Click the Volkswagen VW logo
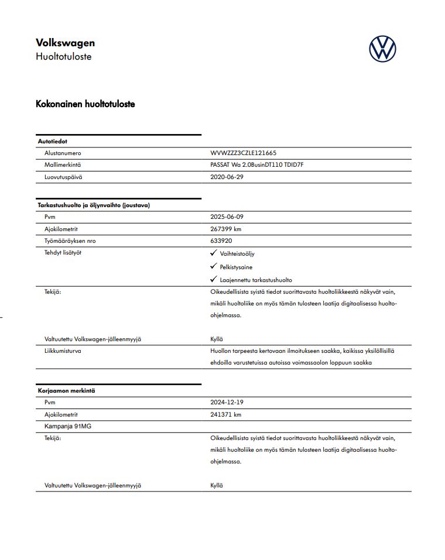point(382,49)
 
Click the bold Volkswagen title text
point(65,43)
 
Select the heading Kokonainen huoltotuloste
point(85,104)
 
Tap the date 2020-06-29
point(227,177)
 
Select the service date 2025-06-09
point(227,217)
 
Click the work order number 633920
point(220,241)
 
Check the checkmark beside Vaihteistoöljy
point(214,253)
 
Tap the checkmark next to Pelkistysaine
point(214,266)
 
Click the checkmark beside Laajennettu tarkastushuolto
point(214,279)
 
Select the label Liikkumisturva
point(63,351)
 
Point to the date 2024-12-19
point(227,403)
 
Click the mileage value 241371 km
point(225,414)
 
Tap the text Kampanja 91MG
point(68,426)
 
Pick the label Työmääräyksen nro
point(70,241)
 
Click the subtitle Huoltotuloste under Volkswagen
point(63,57)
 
